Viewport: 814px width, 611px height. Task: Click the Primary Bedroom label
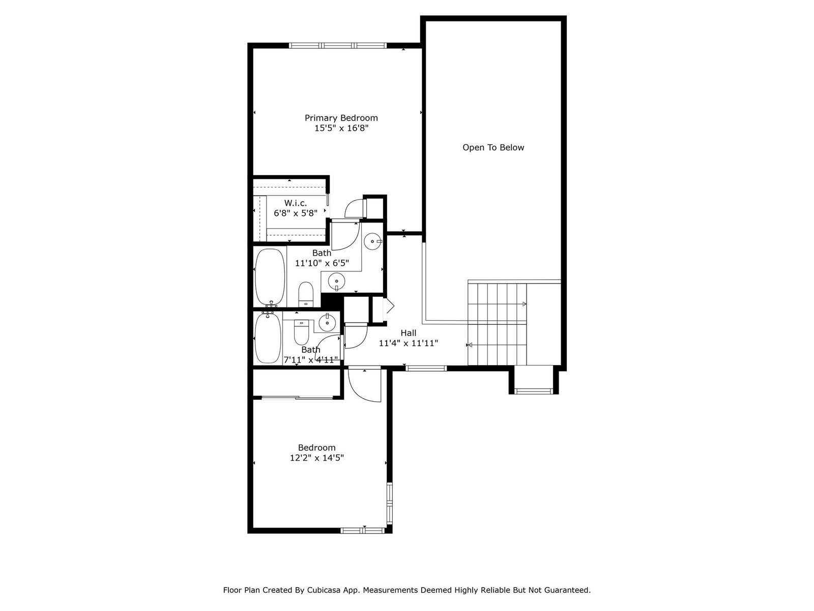pyautogui.click(x=341, y=118)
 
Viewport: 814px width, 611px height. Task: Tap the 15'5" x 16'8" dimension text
pyautogui.click(x=341, y=128)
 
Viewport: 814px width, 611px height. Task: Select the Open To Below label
pyautogui.click(x=493, y=148)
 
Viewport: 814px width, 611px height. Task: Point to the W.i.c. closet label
pyautogui.click(x=296, y=203)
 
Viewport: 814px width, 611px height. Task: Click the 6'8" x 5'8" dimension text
pyautogui.click(x=296, y=213)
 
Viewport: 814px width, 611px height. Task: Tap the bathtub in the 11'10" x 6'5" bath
pyautogui.click(x=270, y=276)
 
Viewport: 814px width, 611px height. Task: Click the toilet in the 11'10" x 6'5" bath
pyautogui.click(x=306, y=294)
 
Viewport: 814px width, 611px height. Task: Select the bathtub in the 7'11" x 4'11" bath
pyautogui.click(x=269, y=338)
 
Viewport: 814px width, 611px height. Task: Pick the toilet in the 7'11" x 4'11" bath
pyautogui.click(x=302, y=331)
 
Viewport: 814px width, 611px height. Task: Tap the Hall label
pyautogui.click(x=409, y=333)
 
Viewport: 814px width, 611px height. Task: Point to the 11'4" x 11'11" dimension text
pyautogui.click(x=409, y=344)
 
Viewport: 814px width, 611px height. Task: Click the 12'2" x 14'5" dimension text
pyautogui.click(x=317, y=458)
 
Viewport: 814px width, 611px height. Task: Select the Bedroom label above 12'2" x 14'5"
pyautogui.click(x=317, y=448)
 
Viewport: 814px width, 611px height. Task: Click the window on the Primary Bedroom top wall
pyautogui.click(x=337, y=46)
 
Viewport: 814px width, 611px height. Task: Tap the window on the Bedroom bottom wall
pyautogui.click(x=363, y=531)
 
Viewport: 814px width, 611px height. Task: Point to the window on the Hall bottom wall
pyautogui.click(x=426, y=368)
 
